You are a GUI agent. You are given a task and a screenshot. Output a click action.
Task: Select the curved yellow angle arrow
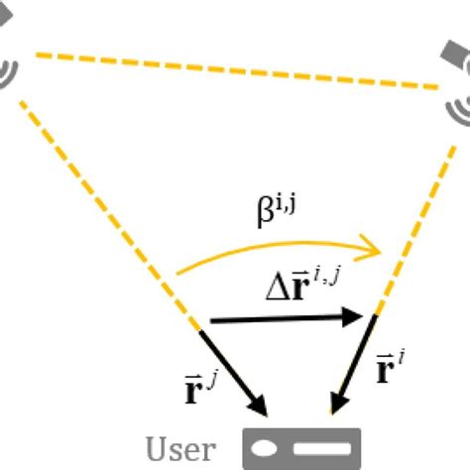point(278,250)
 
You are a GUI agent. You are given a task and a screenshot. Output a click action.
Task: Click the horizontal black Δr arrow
point(288,318)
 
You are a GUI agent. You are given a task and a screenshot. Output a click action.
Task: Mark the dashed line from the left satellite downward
point(109,208)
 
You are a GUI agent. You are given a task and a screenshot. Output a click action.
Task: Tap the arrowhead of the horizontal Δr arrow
point(361,317)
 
